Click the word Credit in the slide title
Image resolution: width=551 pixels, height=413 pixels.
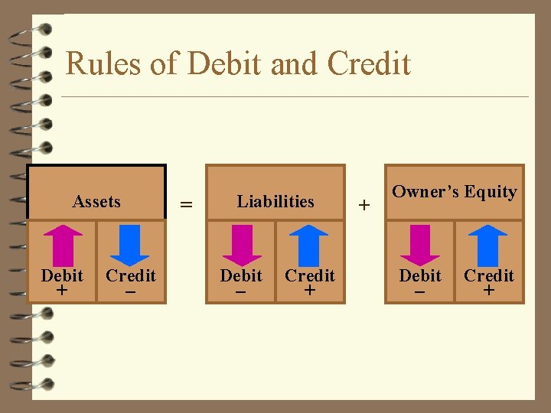(369, 63)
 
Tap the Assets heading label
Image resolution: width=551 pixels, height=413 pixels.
(96, 202)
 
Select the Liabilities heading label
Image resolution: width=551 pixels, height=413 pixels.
(275, 202)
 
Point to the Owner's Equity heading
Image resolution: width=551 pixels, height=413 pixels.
(455, 192)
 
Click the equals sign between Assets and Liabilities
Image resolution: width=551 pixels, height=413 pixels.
(185, 204)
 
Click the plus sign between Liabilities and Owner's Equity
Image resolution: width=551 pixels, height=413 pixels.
(364, 205)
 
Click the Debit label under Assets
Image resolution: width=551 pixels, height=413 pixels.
(62, 275)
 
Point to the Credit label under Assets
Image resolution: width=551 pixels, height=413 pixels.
(131, 275)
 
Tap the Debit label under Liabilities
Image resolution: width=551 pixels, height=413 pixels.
(241, 275)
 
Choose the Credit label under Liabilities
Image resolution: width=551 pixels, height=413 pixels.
(310, 275)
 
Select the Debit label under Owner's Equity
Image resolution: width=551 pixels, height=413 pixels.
(420, 275)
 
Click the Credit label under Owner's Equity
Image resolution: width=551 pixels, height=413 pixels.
(489, 275)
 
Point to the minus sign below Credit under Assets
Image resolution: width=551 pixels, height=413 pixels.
(131, 291)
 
